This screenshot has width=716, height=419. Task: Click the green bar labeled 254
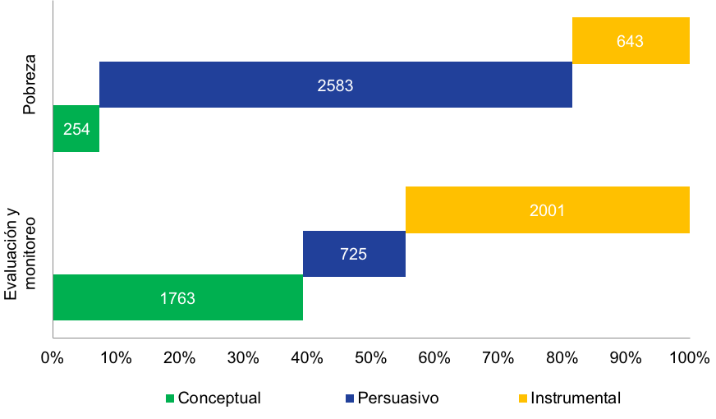coord(76,128)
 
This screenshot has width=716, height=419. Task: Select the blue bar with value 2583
coord(336,85)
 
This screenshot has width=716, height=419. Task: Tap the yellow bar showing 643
coord(631,40)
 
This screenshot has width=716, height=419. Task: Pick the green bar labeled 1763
coord(178,297)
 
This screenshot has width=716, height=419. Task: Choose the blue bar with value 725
coord(354,254)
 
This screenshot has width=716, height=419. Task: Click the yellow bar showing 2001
coord(548,209)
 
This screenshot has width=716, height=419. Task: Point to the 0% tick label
coord(52,357)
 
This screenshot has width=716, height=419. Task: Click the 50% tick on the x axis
coord(371,357)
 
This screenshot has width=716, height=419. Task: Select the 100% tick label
coord(690,357)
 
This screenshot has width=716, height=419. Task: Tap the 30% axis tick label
coord(243,357)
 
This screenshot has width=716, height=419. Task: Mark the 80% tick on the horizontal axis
coord(562,357)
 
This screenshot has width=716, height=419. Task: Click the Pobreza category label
coord(30,85)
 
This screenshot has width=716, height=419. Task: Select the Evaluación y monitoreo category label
coord(20,254)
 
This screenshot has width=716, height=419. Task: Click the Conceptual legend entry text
coord(219,398)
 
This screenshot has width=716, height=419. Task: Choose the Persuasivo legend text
coord(398,398)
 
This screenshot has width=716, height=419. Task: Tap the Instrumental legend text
coord(576,398)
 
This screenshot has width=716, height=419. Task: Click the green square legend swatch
coord(170,398)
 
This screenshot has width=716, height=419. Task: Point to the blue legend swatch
coord(350,398)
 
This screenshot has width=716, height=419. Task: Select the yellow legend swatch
coord(523,398)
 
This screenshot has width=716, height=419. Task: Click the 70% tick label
coord(498,357)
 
